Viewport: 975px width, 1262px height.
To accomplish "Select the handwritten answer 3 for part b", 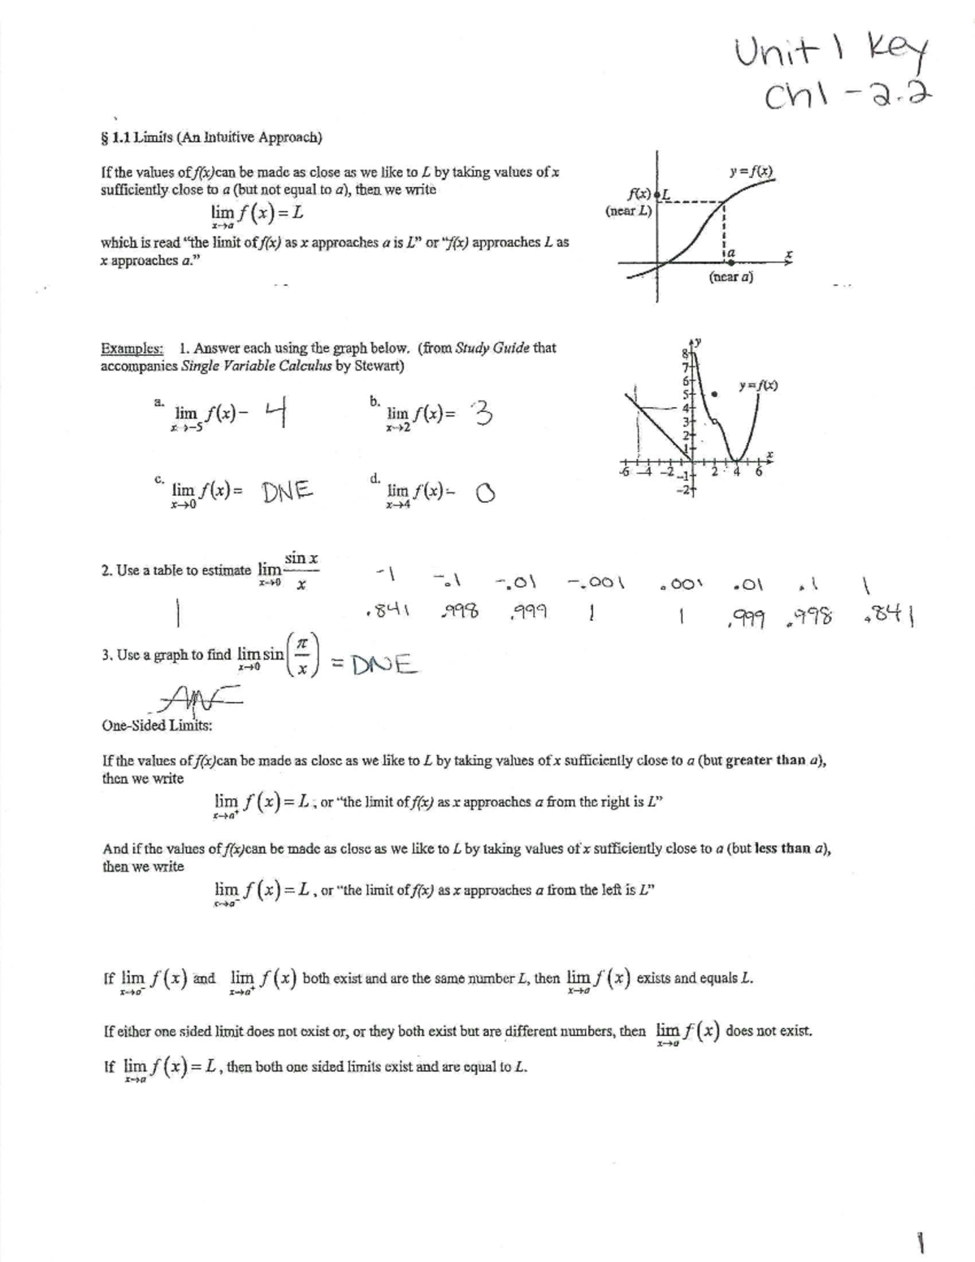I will click(481, 415).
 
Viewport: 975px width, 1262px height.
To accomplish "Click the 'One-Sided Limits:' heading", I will click(157, 725).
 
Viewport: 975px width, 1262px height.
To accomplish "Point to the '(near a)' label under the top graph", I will click(730, 277).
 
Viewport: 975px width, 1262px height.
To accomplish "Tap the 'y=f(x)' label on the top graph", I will click(752, 172).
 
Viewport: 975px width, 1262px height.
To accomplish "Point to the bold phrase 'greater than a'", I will click(776, 761).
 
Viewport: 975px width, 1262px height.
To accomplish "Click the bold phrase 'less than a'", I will click(789, 848).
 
